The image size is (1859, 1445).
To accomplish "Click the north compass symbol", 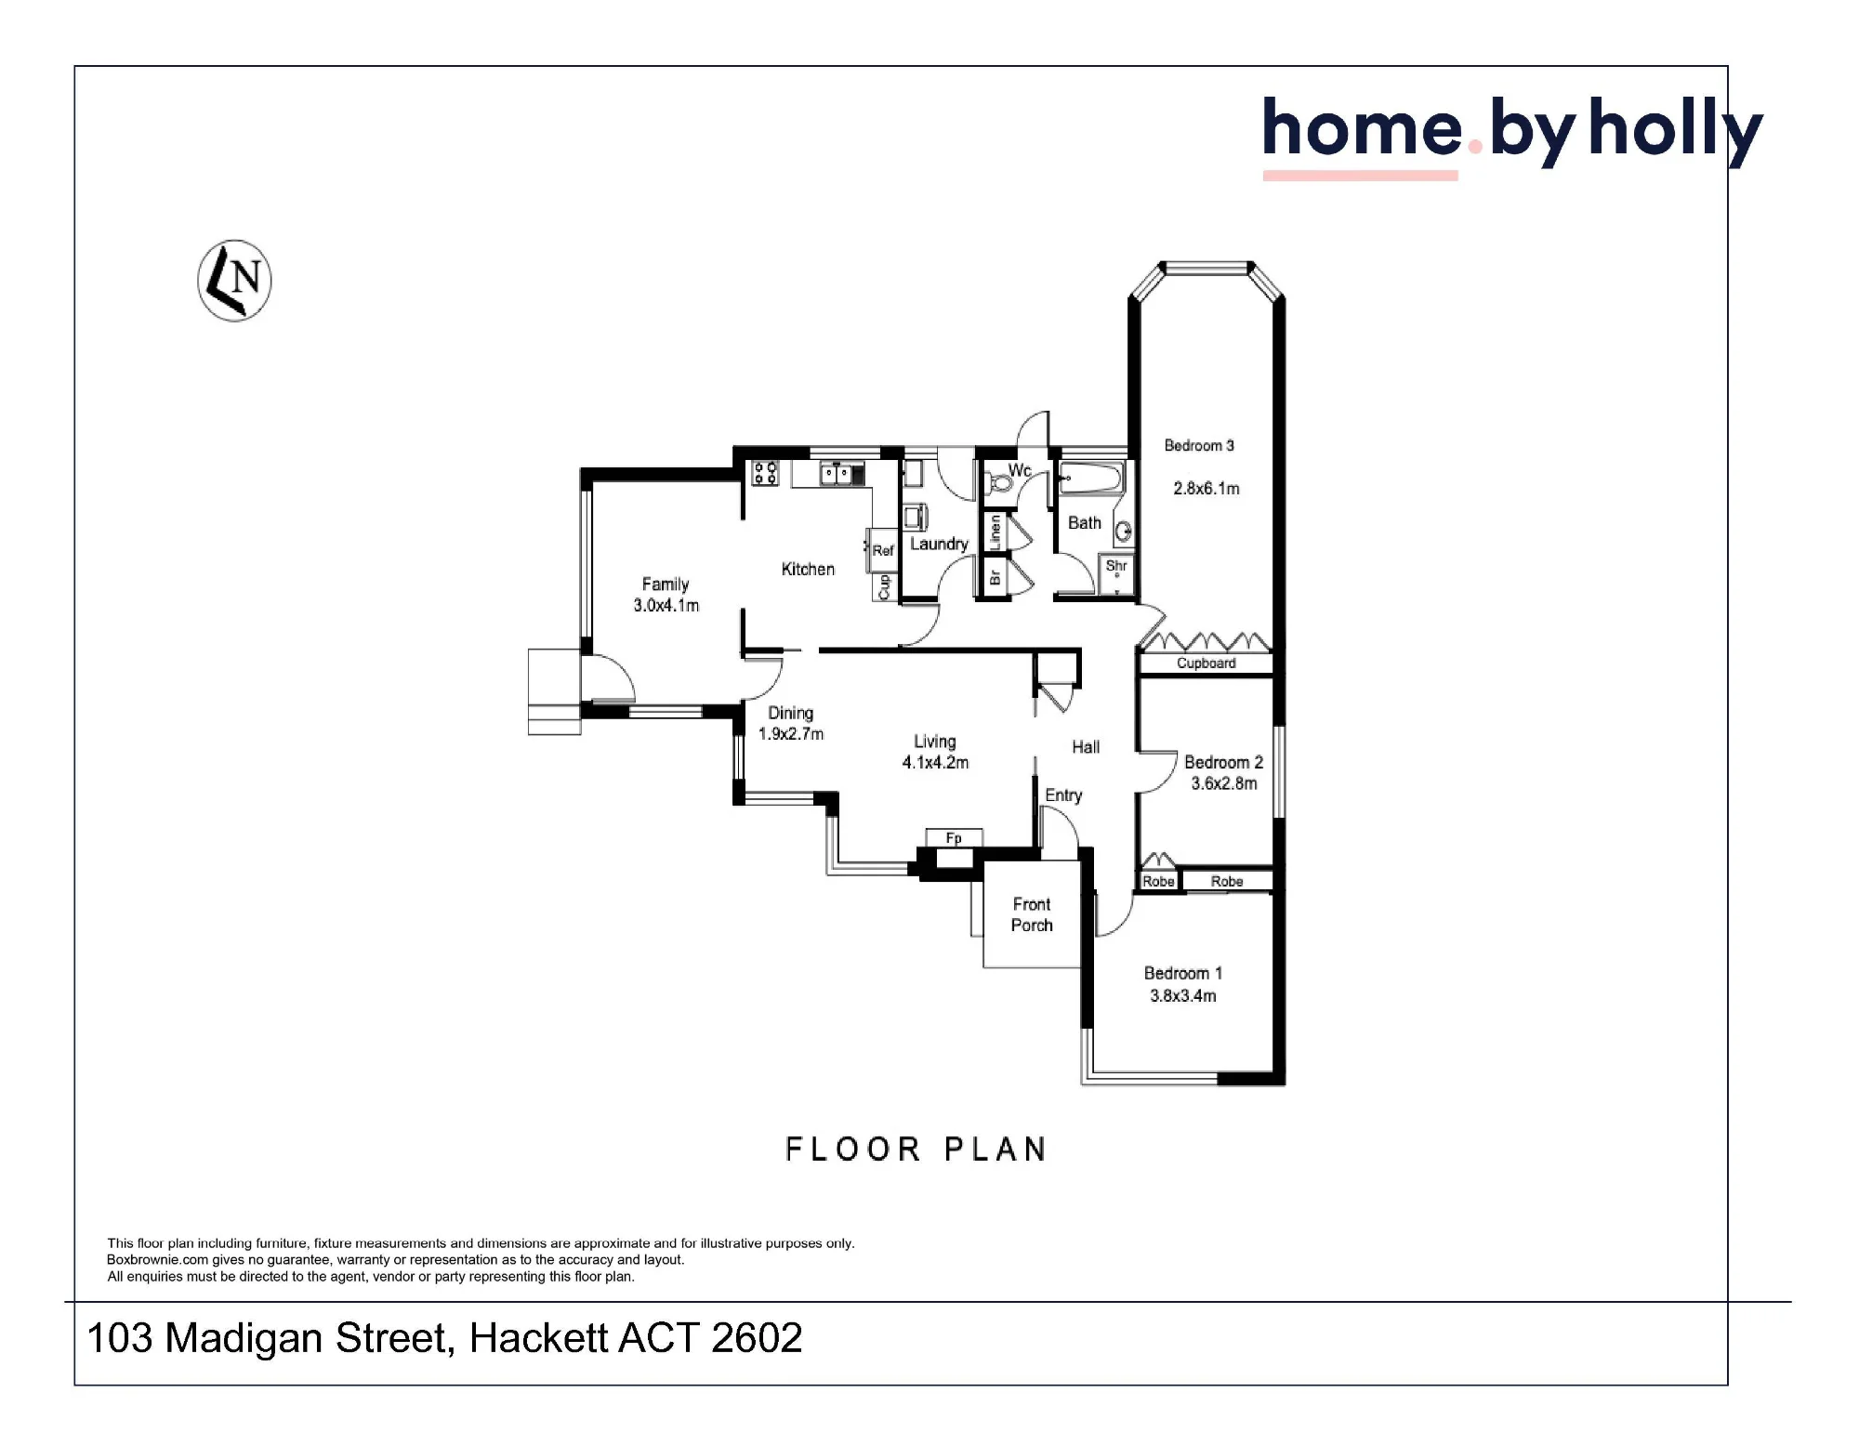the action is click(234, 281).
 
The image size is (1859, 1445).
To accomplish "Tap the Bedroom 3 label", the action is click(1199, 446).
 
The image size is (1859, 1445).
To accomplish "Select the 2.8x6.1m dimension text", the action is click(1206, 489).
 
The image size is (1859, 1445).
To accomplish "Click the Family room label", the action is click(666, 585).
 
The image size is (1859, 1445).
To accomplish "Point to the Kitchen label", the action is click(808, 569).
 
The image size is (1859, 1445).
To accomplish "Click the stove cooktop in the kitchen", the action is click(765, 473).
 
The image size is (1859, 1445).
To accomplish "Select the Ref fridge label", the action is click(883, 550).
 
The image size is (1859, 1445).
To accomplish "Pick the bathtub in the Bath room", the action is click(1092, 479).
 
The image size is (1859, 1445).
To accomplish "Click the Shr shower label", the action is click(1116, 565).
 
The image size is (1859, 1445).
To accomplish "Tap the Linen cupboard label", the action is click(995, 532).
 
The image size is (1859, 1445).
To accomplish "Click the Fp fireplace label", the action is click(954, 838).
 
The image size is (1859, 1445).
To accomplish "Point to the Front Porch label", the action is click(1032, 914).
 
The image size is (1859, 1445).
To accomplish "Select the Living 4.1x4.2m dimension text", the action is click(935, 763).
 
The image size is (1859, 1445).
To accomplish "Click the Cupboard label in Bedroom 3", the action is click(1206, 663).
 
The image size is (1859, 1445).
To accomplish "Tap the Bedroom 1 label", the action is click(1183, 974).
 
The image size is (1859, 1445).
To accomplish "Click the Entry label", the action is click(1063, 795).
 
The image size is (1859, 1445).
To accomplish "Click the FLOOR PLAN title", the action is click(916, 1149).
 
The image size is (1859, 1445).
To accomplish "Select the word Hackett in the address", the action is click(538, 1338).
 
